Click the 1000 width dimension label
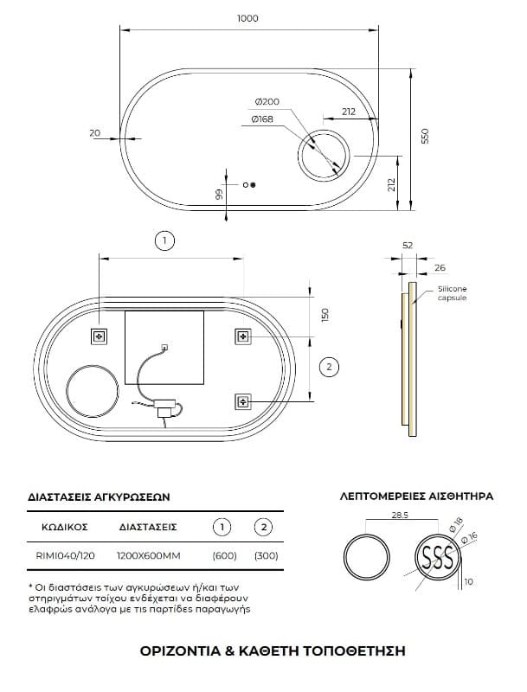(x=247, y=18)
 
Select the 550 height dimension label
(x=425, y=137)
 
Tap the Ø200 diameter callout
(x=267, y=101)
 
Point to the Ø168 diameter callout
(x=262, y=119)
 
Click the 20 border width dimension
(x=95, y=132)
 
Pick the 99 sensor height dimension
(x=219, y=194)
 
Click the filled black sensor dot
(x=253, y=185)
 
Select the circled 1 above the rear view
(x=164, y=240)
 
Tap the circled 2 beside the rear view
(x=328, y=367)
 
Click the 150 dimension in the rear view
(x=325, y=315)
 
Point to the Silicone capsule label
(x=452, y=293)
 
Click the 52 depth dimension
(x=408, y=246)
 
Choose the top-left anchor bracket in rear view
(x=100, y=336)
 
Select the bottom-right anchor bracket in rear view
(x=243, y=401)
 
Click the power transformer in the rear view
(x=165, y=407)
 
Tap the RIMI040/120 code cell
(x=65, y=555)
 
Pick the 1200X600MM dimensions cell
(x=148, y=555)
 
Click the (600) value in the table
(x=225, y=555)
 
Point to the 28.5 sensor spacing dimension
(x=400, y=515)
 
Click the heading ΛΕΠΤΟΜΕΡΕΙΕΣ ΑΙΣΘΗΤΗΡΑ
(x=416, y=496)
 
